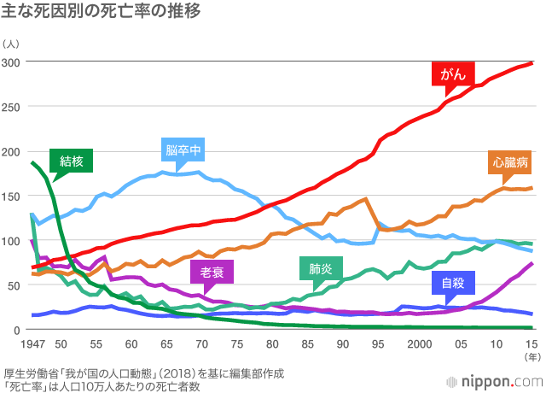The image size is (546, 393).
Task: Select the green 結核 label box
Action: point(71,159)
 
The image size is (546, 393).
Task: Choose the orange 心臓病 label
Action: point(510,161)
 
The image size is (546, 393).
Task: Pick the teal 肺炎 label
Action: point(321,270)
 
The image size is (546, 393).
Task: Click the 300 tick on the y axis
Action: point(11,62)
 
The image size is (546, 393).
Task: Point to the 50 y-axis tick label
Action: point(15,285)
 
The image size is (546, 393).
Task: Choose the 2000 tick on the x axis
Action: point(418,343)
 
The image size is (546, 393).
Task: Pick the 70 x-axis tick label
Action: point(201,343)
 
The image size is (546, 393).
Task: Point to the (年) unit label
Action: point(531,355)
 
